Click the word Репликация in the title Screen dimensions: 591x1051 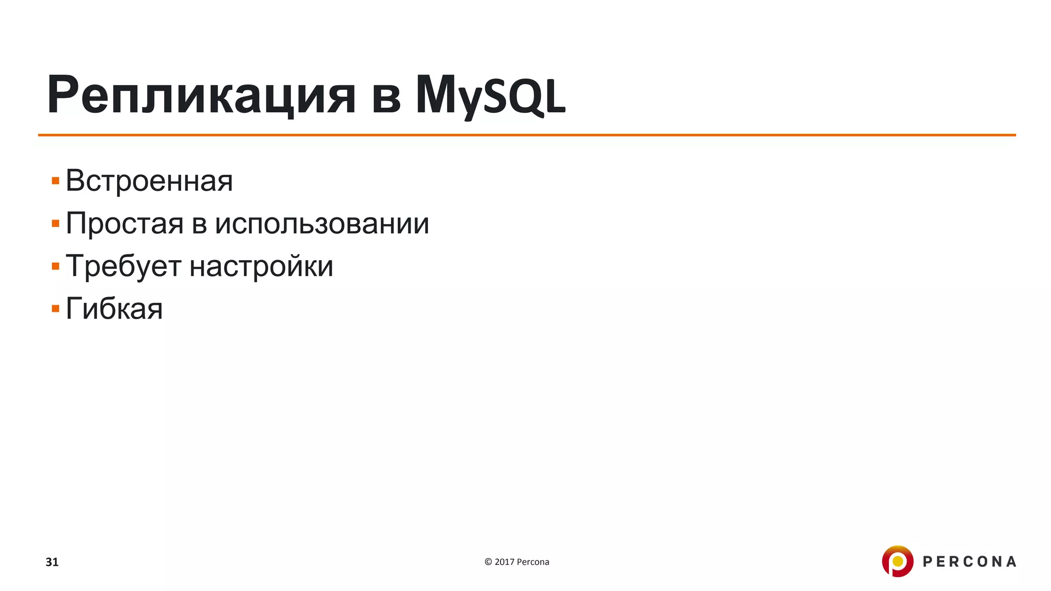[x=201, y=95]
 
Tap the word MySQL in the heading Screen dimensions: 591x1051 [x=490, y=95]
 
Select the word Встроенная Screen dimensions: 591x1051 [x=149, y=181]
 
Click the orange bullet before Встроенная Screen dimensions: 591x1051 [x=55, y=181]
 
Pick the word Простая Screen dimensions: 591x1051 [x=125, y=224]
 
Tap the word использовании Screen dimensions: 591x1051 [x=322, y=224]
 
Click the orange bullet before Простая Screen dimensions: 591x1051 [x=55, y=224]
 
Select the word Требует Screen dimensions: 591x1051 [x=124, y=267]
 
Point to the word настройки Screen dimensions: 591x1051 [x=261, y=267]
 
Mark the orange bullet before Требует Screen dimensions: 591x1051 [x=55, y=267]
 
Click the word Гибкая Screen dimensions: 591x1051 [x=114, y=309]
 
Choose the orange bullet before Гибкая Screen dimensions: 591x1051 [x=55, y=309]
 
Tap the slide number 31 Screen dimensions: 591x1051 [x=52, y=562]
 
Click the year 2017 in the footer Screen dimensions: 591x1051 [x=504, y=562]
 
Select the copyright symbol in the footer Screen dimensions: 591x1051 [x=488, y=562]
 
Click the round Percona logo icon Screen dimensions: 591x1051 [x=897, y=561]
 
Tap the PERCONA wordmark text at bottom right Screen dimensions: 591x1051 [x=969, y=562]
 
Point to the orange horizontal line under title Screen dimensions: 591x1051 [x=527, y=135]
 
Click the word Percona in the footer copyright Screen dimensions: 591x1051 [x=533, y=562]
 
